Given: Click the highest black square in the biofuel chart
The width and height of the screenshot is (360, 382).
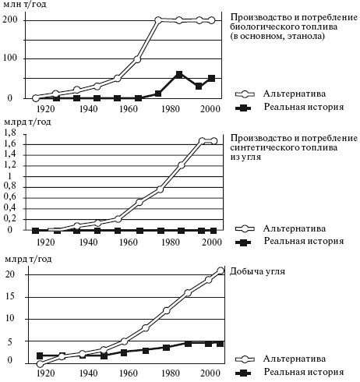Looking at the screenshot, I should coord(179,75).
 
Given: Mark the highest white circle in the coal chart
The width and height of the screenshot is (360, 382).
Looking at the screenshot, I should coord(222,271).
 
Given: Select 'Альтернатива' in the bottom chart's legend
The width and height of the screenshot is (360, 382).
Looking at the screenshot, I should coord(294,360).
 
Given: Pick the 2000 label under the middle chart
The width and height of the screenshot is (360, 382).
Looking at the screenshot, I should coord(207,242).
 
